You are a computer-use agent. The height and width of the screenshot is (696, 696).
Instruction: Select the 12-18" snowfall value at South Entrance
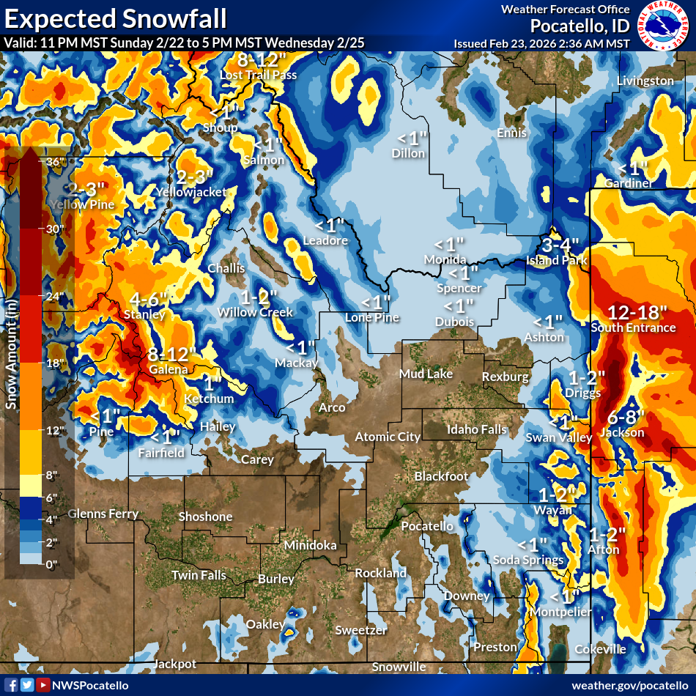tap(632, 312)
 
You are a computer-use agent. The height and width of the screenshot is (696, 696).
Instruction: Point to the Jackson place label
tap(621, 433)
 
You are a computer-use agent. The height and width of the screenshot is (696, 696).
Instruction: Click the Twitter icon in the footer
tap(27, 685)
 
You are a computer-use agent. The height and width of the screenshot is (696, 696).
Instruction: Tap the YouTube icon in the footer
tap(43, 685)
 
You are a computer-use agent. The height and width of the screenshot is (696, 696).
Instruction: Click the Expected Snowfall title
tap(114, 17)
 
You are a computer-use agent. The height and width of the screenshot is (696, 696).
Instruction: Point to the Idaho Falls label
tap(477, 429)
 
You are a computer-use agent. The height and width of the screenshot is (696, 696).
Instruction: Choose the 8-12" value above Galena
tap(171, 355)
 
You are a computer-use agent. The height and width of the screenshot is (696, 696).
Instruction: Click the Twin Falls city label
tap(199, 575)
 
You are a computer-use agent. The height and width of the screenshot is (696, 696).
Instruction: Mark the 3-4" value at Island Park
tap(560, 245)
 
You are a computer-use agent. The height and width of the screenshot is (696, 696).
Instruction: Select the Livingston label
tap(645, 81)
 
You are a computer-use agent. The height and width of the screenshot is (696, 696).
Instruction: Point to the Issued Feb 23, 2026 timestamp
tap(541, 43)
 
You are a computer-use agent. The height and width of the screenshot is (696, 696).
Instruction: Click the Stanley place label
tap(145, 314)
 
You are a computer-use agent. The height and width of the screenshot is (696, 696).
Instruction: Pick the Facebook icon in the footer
tap(11, 685)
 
